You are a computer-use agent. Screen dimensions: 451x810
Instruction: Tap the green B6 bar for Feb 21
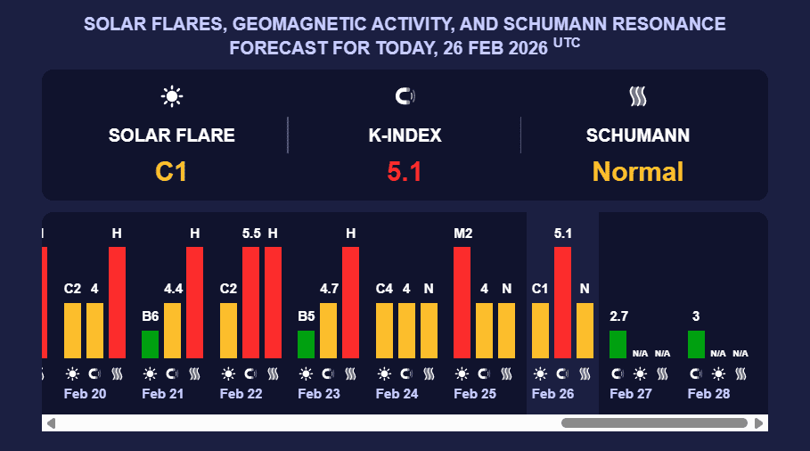[x=150, y=344]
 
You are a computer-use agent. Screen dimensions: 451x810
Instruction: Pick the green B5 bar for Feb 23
[x=306, y=344]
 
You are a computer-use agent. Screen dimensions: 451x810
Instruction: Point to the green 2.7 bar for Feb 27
[x=618, y=344]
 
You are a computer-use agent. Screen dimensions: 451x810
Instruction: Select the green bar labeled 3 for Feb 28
[x=696, y=344]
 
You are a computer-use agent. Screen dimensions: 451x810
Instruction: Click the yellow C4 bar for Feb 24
[x=384, y=331]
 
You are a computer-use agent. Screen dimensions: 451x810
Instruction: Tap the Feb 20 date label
[x=86, y=394]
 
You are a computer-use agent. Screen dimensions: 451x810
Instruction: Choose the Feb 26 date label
[x=553, y=394]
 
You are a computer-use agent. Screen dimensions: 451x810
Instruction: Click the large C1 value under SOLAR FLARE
[x=171, y=171]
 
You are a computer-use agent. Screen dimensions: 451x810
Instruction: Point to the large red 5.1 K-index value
[x=405, y=171]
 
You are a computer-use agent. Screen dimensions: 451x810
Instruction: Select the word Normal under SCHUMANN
[x=637, y=171]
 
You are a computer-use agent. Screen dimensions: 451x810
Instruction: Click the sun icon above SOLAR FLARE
[x=171, y=96]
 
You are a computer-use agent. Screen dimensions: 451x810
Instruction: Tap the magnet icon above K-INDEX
[x=405, y=96]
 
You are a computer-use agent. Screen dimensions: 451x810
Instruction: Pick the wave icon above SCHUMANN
[x=637, y=96]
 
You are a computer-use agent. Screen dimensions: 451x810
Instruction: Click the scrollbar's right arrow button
[x=759, y=423]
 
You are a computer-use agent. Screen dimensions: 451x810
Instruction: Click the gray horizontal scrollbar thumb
[x=653, y=423]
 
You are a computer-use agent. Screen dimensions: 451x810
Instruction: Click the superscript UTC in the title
[x=567, y=41]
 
